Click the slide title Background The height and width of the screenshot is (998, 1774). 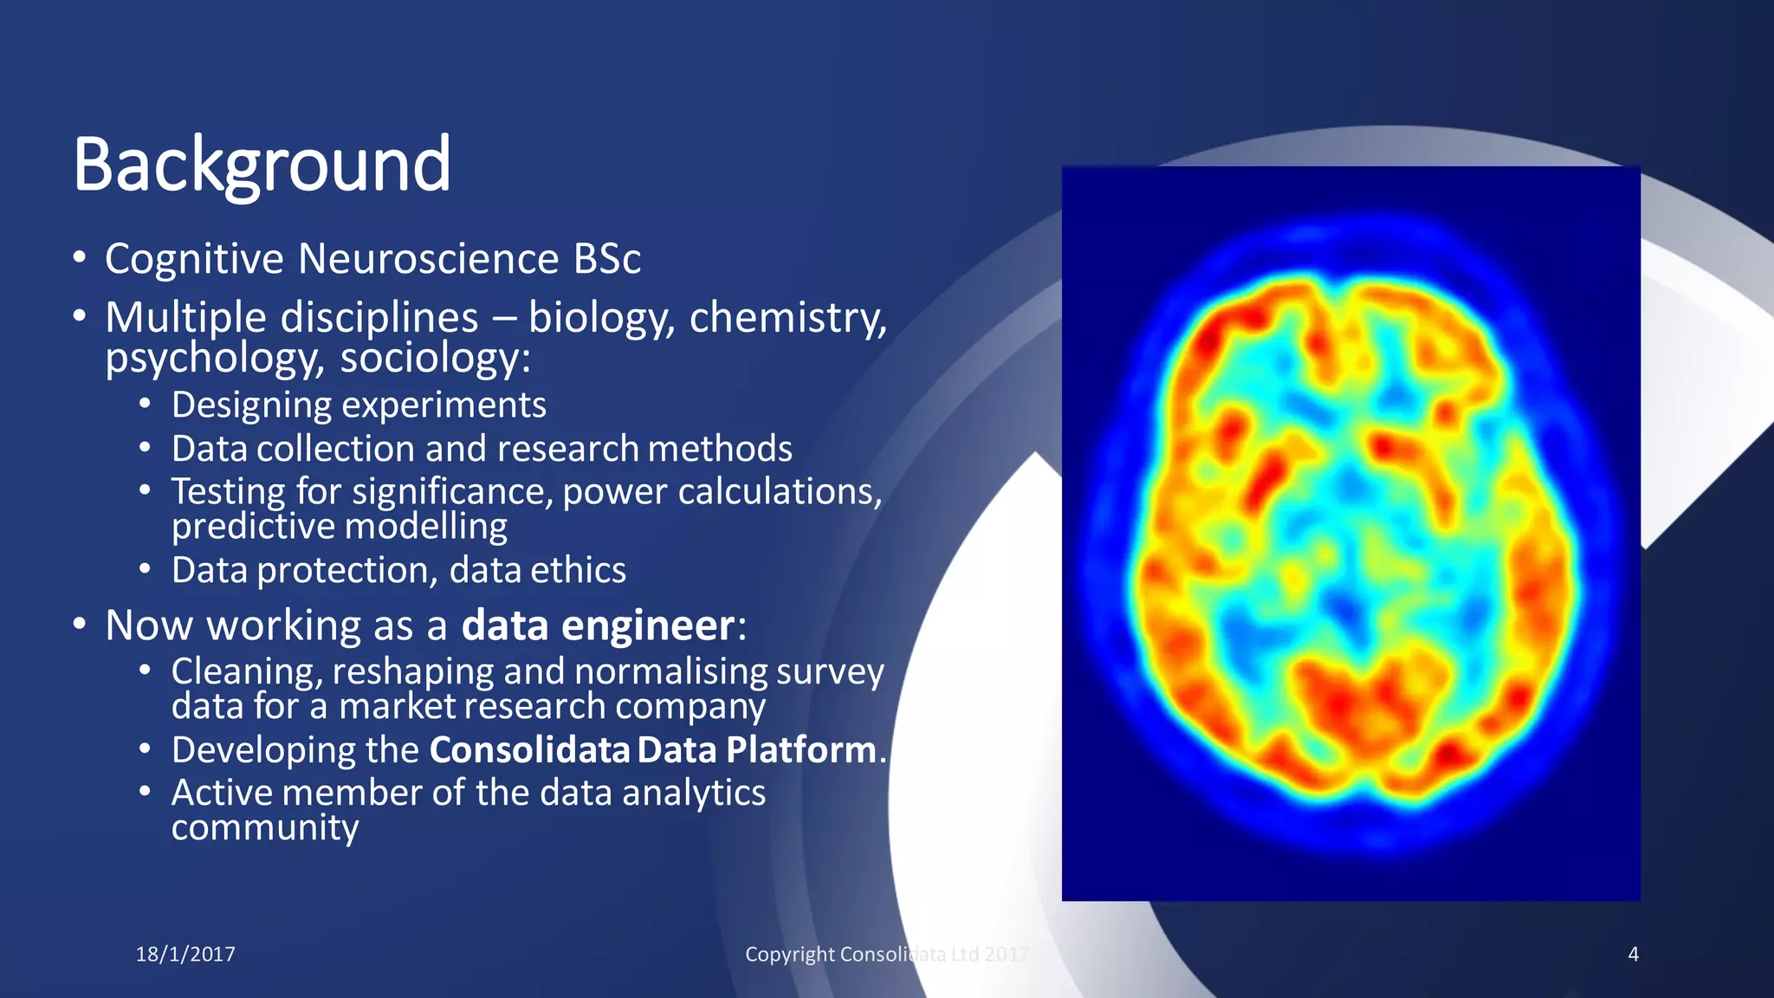click(262, 165)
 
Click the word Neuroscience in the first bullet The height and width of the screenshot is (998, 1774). click(428, 259)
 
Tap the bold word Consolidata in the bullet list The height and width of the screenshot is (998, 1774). click(529, 750)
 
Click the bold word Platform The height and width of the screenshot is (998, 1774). click(800, 750)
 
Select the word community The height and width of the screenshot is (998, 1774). click(264, 828)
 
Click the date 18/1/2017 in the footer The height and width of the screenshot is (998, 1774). click(185, 955)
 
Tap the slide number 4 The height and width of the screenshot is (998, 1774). click(1633, 955)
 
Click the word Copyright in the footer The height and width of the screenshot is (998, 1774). click(789, 955)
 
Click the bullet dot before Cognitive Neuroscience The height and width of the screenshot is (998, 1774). click(80, 257)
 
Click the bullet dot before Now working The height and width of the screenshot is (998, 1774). click(80, 625)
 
